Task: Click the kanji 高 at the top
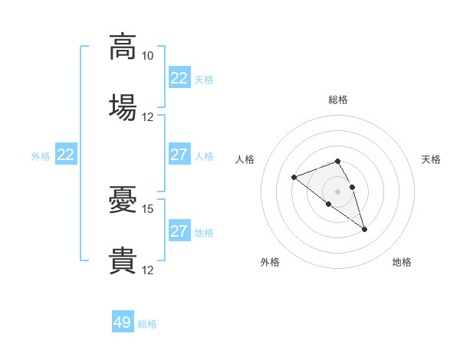pos(123,47)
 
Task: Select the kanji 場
pos(123,107)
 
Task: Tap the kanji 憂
pos(123,199)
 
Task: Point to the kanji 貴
pos(123,260)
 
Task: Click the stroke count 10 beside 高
pos(147,56)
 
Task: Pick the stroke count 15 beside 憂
pos(147,209)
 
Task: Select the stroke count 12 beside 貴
pos(147,270)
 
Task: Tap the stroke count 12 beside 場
pos(147,117)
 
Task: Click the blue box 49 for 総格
pos(123,321)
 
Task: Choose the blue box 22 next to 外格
pos(66,154)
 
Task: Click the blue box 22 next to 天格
pos(180,77)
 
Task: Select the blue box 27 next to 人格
pos(180,154)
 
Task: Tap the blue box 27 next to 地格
pos(180,230)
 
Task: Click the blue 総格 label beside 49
pos(147,324)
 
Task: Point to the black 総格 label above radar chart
pos(338,100)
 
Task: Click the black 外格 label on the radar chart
pos(270,262)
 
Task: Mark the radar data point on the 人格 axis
pos(294,177)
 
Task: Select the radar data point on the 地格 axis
pos(364,230)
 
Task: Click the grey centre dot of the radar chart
pos(337,191)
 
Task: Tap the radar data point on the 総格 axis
pos(337,161)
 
